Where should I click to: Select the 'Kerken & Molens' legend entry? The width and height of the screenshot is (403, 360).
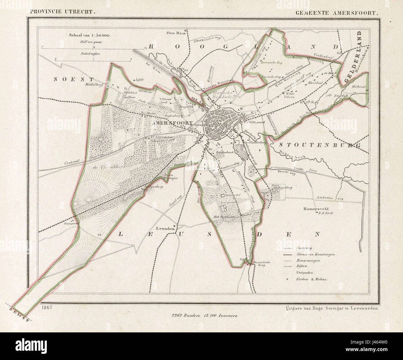pos(316,279)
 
